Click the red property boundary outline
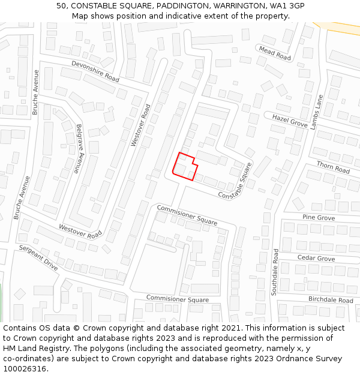click(185, 166)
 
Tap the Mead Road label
click(274, 53)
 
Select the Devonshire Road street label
click(95, 71)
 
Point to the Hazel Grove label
click(290, 121)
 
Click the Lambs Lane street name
click(317, 112)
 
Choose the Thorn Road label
click(333, 167)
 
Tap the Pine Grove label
click(319, 217)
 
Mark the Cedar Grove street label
click(316, 259)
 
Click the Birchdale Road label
click(331, 299)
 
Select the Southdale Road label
click(275, 272)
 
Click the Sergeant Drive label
click(38, 258)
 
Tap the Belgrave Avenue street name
click(79, 149)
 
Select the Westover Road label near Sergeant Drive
click(80, 231)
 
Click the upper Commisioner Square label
click(187, 215)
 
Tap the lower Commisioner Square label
click(178, 299)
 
